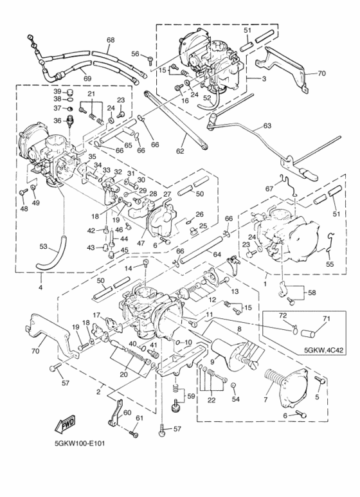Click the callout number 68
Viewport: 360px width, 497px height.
pos(111,41)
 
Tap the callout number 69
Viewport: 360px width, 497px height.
pos(88,78)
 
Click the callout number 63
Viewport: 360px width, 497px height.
pos(267,126)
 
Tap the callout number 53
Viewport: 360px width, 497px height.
pos(43,246)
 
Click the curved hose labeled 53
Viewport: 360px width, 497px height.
pos(55,255)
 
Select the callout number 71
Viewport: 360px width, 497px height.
pos(326,318)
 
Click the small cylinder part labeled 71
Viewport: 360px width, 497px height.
pos(309,331)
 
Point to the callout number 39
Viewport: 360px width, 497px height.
pos(57,91)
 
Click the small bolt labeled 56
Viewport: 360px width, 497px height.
pos(148,60)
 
